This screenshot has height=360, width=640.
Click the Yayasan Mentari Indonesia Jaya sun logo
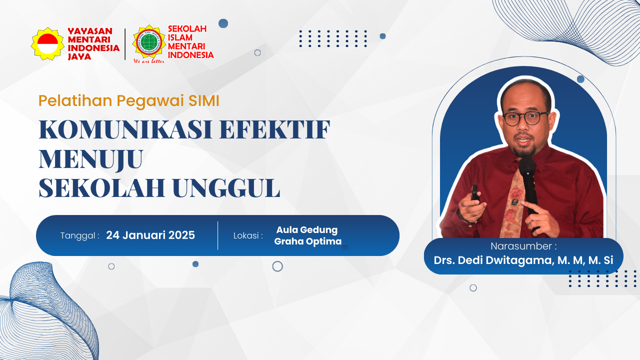pyautogui.click(x=47, y=43)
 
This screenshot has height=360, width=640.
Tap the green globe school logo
pyautogui.click(x=149, y=42)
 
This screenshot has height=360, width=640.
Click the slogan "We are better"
pyautogui.click(x=149, y=61)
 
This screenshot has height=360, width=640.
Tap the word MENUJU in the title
pyautogui.click(x=91, y=159)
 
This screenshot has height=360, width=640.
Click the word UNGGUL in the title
pyautogui.click(x=226, y=188)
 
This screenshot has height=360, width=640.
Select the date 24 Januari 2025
pyautogui.click(x=150, y=235)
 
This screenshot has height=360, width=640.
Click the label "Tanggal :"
pyautogui.click(x=80, y=235)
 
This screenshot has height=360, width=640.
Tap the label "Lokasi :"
pyautogui.click(x=248, y=235)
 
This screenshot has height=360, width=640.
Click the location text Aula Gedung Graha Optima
pyautogui.click(x=307, y=235)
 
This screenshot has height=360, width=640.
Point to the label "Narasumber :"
pyautogui.click(x=523, y=246)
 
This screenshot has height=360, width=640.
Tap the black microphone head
pyautogui.click(x=527, y=167)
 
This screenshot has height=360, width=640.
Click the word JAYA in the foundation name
pyautogui.click(x=79, y=56)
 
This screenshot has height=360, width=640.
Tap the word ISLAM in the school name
pyautogui.click(x=180, y=37)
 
